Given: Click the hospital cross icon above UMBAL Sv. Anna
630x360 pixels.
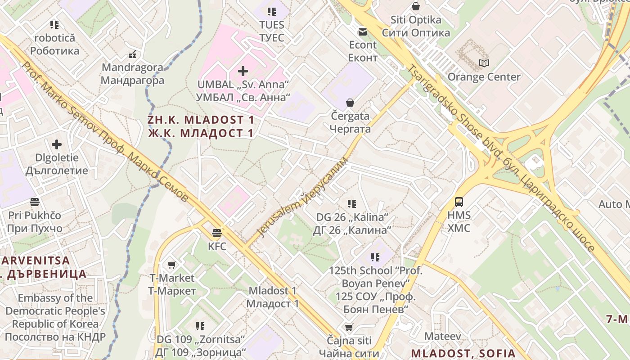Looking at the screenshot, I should tap(243, 71).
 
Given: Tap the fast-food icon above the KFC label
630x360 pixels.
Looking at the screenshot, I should tap(217, 233).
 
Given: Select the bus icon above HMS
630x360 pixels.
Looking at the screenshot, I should tap(459, 202).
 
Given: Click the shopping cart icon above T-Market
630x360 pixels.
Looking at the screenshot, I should tap(171, 265).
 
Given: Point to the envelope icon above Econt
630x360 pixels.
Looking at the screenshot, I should tap(362, 32).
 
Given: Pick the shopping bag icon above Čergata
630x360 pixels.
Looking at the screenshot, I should tap(350, 103).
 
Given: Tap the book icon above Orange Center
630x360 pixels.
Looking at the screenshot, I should tap(484, 63).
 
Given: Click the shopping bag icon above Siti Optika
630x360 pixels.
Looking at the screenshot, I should tap(416, 7).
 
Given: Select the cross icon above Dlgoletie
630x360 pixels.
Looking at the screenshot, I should tap(57, 144).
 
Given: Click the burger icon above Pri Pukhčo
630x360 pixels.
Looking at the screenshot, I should tap(35, 202).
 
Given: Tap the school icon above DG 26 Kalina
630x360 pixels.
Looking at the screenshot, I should tap(352, 204).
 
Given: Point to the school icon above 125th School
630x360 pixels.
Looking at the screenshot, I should tap(375, 257).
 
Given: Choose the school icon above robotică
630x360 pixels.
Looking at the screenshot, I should tap(54, 24).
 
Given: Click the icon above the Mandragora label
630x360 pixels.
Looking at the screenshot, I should tap(132, 54).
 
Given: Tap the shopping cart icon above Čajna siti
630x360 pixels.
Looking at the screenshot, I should tap(349, 327).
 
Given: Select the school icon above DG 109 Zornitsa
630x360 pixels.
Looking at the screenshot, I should tap(200, 326).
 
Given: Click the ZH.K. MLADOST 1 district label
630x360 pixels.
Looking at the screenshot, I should tap(201, 126).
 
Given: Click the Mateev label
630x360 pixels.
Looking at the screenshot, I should tap(443, 336).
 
